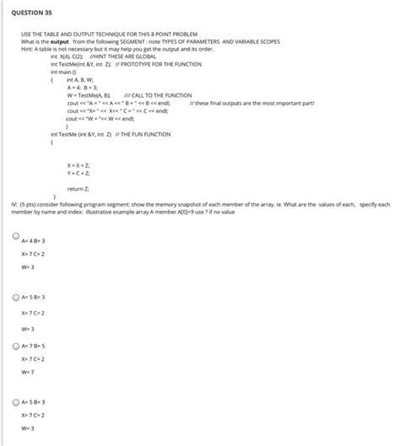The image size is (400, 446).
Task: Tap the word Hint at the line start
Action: click(28, 49)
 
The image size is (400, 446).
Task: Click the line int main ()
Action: click(68, 72)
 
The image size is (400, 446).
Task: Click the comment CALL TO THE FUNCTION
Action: click(161, 94)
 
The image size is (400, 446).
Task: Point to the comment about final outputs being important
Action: click(253, 102)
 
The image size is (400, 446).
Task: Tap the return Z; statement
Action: click(80, 189)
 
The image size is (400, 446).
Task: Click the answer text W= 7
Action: click(28, 371)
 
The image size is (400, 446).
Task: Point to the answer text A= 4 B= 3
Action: click(34, 240)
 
